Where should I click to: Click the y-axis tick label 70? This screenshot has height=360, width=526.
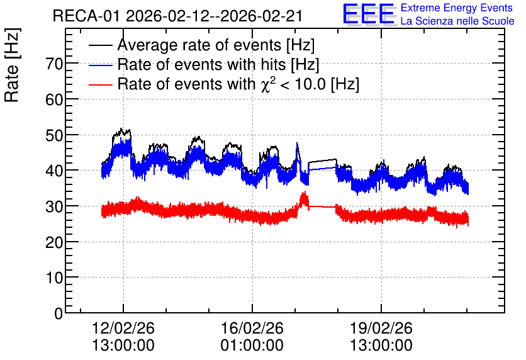(x=54, y=64)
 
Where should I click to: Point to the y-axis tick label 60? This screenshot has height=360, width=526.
(x=54, y=99)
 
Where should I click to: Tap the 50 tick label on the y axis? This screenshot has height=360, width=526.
(x=54, y=135)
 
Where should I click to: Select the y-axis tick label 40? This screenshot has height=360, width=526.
(x=54, y=171)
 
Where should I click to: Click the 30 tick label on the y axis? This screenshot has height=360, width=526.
(x=54, y=206)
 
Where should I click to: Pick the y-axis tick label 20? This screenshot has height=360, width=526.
(x=54, y=242)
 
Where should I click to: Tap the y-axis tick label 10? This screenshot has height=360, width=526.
(x=54, y=278)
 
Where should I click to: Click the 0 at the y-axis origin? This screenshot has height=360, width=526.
(x=59, y=313)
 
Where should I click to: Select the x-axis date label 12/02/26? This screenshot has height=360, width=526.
(x=123, y=328)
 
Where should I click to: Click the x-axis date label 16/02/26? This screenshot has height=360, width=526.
(x=252, y=328)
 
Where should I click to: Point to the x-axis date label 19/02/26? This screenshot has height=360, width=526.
(x=381, y=328)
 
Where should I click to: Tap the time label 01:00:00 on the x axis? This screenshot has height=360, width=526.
(x=252, y=346)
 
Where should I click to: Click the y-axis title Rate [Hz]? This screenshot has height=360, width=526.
(x=12, y=65)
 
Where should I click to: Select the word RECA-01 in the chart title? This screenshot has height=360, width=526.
(x=86, y=16)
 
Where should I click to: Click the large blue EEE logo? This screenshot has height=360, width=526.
(x=369, y=14)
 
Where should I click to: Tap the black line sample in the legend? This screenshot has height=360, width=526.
(x=100, y=45)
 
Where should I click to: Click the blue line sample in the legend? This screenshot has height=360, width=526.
(x=100, y=65)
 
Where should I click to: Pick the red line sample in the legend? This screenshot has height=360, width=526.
(x=100, y=84)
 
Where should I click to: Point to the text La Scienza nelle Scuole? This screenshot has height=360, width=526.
(x=457, y=21)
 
